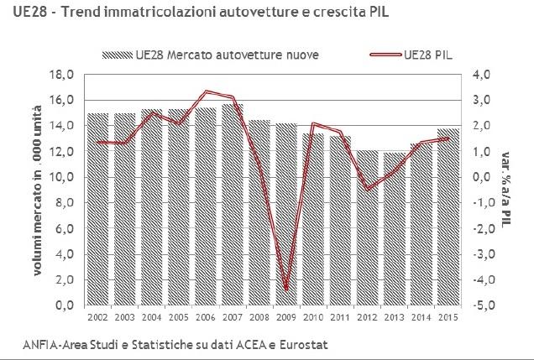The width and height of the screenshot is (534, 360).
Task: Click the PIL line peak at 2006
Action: pos(207,91)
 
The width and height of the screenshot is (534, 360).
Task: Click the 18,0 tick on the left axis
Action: pos(65,75)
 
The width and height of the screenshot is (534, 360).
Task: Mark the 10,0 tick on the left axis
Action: pos(65,178)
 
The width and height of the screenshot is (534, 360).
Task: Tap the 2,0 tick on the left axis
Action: pos(67,281)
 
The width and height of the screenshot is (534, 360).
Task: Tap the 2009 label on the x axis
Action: pos(286,319)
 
